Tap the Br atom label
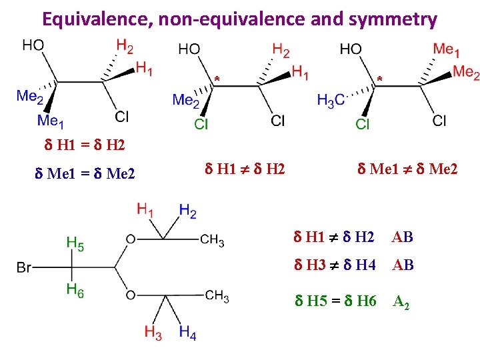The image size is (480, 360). point(25,268)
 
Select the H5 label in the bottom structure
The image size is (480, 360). point(75,244)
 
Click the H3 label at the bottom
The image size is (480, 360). point(153,333)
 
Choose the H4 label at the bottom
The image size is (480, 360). point(188,333)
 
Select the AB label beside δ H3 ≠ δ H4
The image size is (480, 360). point(403,265)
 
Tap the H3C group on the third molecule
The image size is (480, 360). point(331,101)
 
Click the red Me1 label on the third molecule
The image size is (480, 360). point(446,49)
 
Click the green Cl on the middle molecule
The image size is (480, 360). point(201,124)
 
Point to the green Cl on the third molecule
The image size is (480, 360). point(363,124)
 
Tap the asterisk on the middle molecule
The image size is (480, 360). point(217,80)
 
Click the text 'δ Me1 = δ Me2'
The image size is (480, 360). point(85,175)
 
